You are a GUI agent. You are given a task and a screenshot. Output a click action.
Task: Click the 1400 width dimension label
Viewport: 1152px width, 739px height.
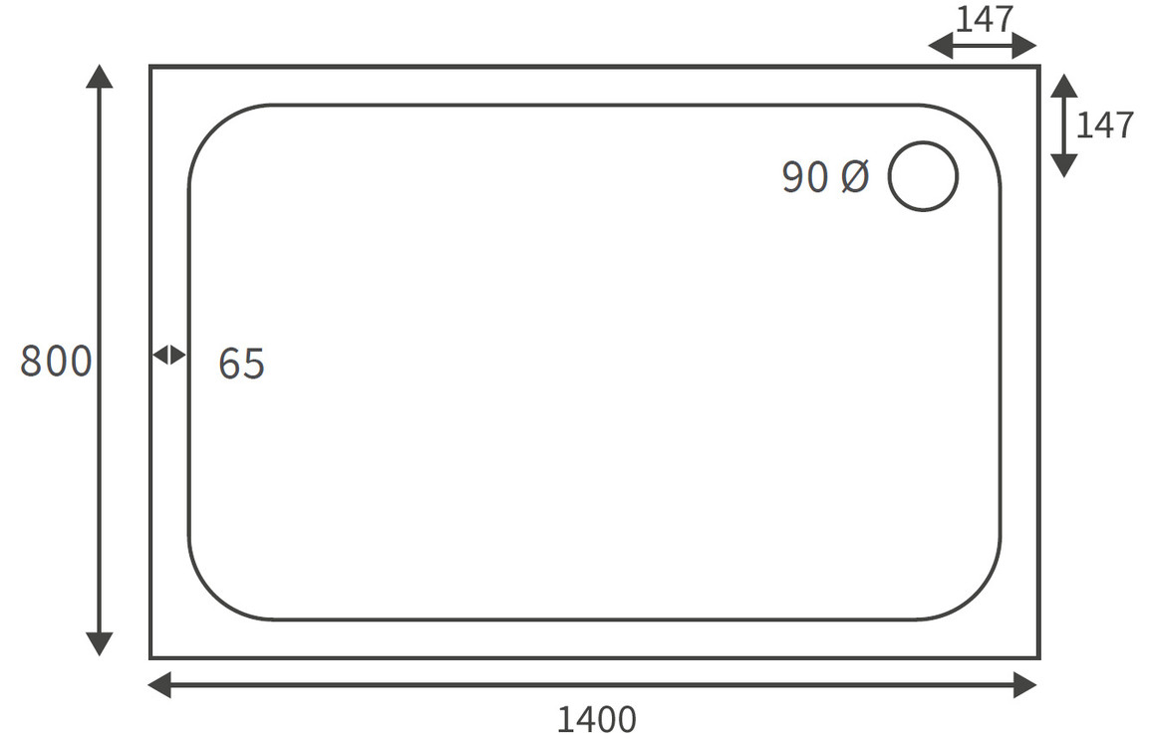[597, 720]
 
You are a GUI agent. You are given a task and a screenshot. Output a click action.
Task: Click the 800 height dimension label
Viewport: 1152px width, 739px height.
[56, 362]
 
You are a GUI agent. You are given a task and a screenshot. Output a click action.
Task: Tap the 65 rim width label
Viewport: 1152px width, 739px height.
[242, 364]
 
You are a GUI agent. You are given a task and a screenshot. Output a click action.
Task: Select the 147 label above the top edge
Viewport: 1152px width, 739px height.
[985, 19]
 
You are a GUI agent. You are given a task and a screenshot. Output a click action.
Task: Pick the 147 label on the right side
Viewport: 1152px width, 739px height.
[1106, 125]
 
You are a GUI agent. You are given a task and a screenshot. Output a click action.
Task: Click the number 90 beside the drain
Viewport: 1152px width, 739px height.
[805, 177]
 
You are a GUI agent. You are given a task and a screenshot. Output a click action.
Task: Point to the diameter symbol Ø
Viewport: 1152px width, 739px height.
[854, 177]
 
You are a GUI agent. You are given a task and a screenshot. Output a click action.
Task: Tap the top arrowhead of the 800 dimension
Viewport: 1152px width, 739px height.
[100, 76]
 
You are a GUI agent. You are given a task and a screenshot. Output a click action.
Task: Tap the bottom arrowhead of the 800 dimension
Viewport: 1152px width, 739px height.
[100, 644]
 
